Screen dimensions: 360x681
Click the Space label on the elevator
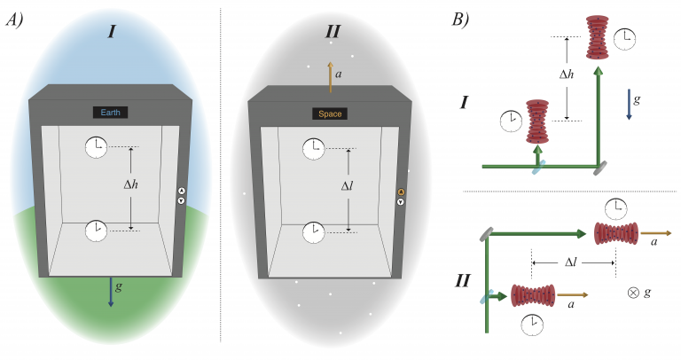tap(329, 113)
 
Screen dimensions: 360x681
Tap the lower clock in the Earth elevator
tap(96, 231)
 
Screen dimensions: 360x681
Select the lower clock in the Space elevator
tap(314, 231)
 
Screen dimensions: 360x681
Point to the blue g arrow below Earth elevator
tap(111, 292)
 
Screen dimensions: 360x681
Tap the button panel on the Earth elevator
tap(183, 196)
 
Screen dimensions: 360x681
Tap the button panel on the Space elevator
tap(401, 196)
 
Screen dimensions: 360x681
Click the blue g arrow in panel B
tap(627, 103)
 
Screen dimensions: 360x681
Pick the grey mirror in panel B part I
tap(599, 166)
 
